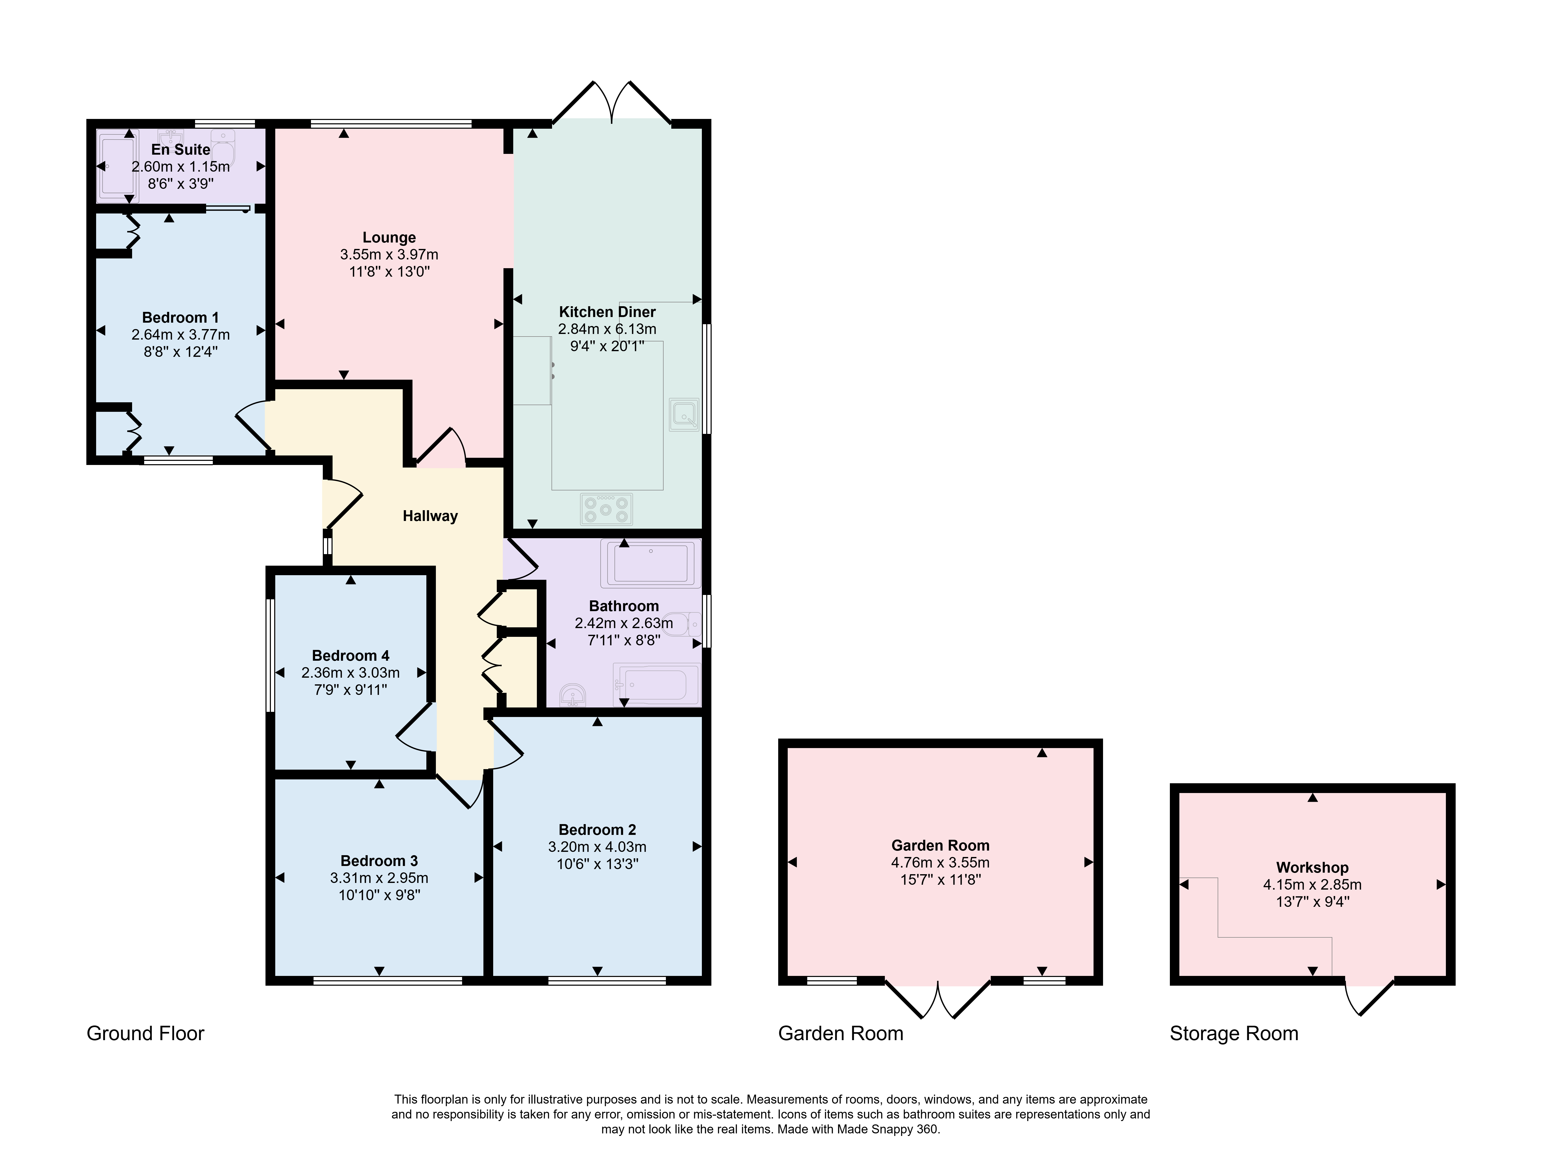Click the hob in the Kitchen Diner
coord(606,509)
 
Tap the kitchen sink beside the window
coord(684,415)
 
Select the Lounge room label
coord(389,238)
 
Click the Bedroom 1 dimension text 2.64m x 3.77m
coord(181,334)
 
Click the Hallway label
coord(430,516)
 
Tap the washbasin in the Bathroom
coord(574,694)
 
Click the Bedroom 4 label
coord(351,656)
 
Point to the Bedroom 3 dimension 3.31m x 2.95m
coord(379,878)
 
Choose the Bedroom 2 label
coord(598,830)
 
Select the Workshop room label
coord(1312,868)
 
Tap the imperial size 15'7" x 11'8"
coord(940,879)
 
